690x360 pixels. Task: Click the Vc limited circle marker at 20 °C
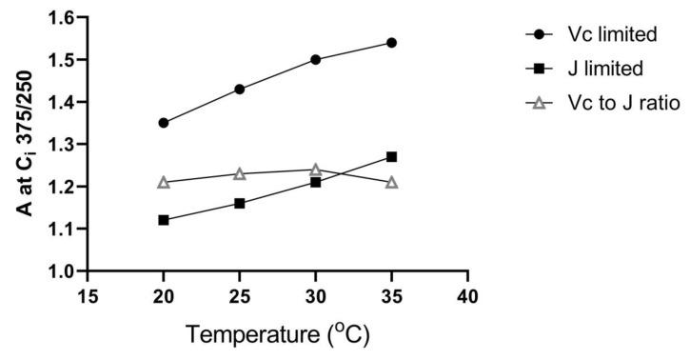point(164,123)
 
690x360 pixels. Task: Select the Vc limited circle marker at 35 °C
point(391,43)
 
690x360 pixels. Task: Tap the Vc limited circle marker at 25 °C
point(240,90)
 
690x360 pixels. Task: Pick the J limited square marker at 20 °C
point(164,220)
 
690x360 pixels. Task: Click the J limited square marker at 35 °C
point(391,156)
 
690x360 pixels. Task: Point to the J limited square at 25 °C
point(240,203)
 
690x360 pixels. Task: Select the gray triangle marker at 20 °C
point(164,181)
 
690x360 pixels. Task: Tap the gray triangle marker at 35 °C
point(391,181)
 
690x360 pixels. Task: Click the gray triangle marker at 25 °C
point(240,173)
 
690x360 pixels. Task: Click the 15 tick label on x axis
point(88,295)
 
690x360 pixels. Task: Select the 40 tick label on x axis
point(467,295)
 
